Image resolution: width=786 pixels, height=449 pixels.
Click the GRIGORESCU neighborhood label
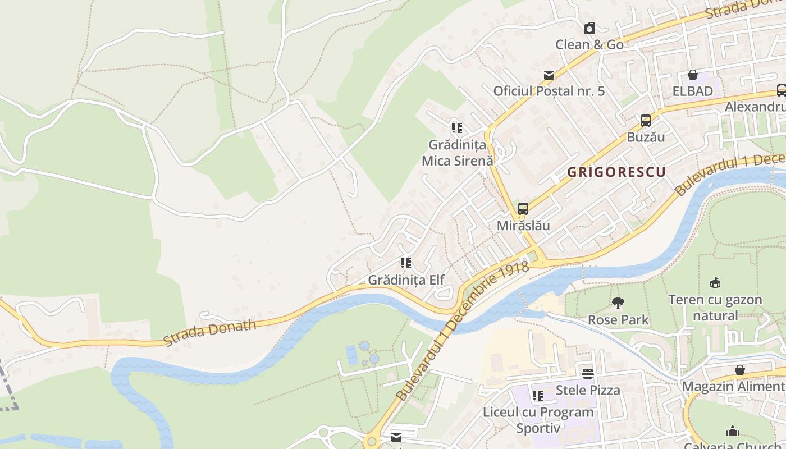616,172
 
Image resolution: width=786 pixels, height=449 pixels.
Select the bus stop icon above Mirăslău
523,209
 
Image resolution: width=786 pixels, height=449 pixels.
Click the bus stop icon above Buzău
646,120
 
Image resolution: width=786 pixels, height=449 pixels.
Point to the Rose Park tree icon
618,304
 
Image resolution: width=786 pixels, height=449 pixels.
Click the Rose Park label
618,320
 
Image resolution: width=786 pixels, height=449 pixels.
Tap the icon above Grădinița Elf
406,263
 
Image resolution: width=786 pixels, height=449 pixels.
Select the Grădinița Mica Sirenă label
457,153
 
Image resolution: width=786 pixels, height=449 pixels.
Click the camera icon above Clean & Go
589,28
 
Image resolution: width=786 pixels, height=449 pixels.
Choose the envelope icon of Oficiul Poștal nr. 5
549,75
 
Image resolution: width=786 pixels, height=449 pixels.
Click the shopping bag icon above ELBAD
693,75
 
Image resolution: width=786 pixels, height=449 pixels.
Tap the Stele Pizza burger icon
588,373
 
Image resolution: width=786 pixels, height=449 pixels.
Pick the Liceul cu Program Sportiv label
538,420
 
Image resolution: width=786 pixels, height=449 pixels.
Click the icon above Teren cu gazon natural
715,283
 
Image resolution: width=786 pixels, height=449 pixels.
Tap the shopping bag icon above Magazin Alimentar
740,370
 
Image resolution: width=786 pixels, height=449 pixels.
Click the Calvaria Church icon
733,431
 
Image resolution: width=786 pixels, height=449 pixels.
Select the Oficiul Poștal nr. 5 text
549,91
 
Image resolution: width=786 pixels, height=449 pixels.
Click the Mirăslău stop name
523,226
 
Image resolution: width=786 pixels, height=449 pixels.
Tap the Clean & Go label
589,45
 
